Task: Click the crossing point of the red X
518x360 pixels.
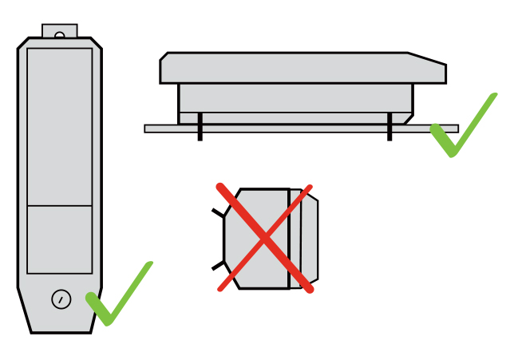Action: point(263,238)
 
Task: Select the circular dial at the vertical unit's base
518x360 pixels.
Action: point(61,299)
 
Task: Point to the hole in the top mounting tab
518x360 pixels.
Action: point(60,35)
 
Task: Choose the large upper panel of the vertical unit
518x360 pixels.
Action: point(60,126)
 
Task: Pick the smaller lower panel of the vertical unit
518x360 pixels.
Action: point(60,239)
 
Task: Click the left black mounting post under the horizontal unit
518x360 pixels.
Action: point(200,127)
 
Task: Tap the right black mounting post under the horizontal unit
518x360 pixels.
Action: point(389,127)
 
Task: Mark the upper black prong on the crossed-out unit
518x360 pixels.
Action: point(218,213)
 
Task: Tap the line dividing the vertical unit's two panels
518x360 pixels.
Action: point(60,206)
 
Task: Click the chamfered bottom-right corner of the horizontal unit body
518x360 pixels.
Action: point(408,119)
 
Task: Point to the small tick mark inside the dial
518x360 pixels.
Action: point(61,299)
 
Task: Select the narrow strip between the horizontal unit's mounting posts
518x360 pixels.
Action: point(295,118)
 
